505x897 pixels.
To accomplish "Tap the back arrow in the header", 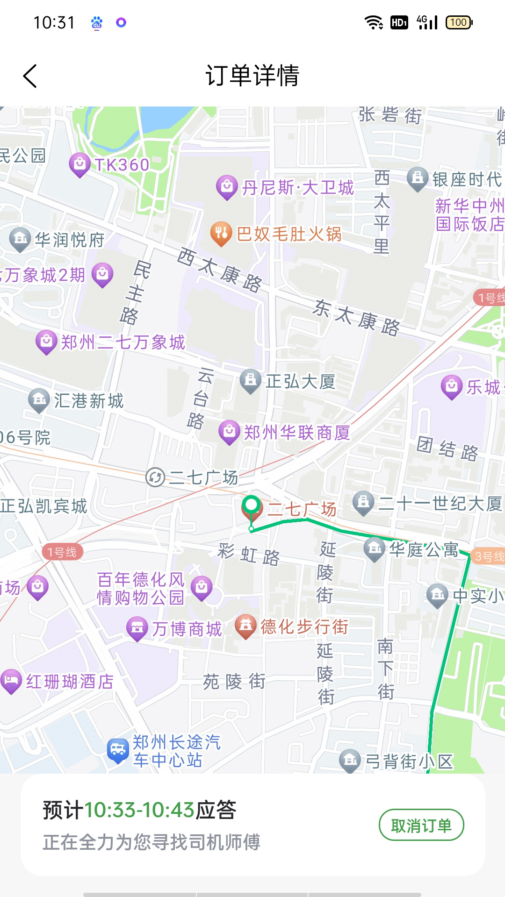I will click(x=30, y=76).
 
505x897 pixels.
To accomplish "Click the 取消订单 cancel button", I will click(x=421, y=826).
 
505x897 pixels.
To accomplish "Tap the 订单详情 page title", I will click(x=252, y=76).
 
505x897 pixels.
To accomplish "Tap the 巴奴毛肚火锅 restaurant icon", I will click(x=221, y=233).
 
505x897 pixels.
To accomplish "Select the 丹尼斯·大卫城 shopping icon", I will click(x=227, y=187).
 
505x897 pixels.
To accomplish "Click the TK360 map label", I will click(x=122, y=165).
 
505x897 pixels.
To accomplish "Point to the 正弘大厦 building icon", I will click(x=251, y=380).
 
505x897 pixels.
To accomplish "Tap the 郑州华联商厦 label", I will click(x=296, y=433).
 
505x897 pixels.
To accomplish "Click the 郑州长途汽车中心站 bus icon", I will click(x=118, y=750).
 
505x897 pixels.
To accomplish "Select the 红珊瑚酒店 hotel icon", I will click(x=11, y=681).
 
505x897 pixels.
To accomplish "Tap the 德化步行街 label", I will click(x=304, y=626).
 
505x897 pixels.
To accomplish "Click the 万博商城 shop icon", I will click(x=137, y=628).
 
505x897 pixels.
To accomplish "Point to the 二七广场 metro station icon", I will click(x=155, y=477).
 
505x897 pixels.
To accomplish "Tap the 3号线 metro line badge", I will click(x=489, y=556).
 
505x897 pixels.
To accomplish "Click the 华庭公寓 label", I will click(x=424, y=549).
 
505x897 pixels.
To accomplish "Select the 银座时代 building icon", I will click(x=418, y=178).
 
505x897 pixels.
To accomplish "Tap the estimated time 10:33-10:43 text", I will click(x=139, y=810).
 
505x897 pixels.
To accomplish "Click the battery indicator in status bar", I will click(x=459, y=22).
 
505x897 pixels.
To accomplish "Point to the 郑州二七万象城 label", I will click(x=123, y=342).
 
